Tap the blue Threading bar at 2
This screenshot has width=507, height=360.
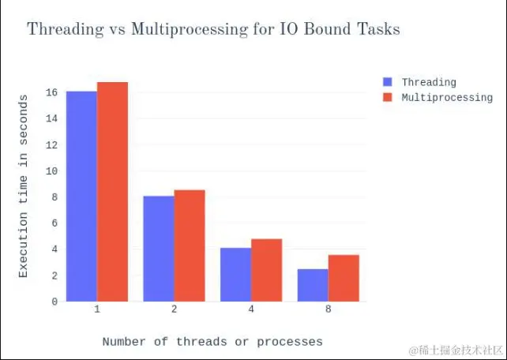coord(159,248)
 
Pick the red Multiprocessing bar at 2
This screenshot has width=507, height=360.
coord(190,246)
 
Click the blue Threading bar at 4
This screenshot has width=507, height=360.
coord(235,274)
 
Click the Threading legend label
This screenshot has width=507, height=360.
coord(428,82)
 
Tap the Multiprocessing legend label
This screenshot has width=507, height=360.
coord(447,97)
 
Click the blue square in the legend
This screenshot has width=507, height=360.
coord(387,82)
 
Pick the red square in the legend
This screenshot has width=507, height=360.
coord(387,97)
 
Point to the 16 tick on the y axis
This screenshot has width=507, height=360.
coord(51,92)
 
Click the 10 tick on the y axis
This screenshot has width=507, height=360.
coord(51,171)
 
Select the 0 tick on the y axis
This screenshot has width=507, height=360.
coord(54,302)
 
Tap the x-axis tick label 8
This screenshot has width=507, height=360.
coord(328,309)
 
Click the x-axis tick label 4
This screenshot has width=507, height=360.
coord(251,309)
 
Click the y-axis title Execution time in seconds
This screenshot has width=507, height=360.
coord(24,186)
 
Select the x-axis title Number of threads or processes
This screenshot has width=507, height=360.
coord(212,342)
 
